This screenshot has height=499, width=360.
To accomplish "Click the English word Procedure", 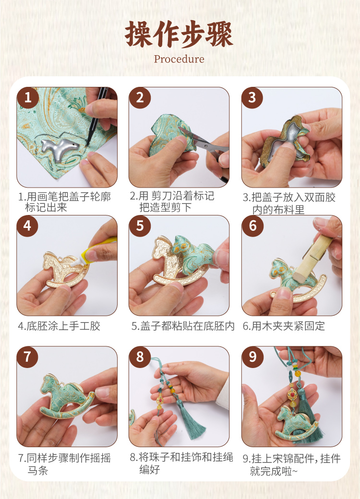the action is click(x=179, y=59).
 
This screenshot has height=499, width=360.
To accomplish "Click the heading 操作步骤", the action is click(x=179, y=35).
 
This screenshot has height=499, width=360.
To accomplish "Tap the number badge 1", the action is click(x=28, y=97).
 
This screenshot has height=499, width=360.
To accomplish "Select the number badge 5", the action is click(x=140, y=226).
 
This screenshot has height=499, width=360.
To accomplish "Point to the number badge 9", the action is click(x=252, y=357).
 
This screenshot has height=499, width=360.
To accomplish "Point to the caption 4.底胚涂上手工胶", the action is click(x=59, y=326).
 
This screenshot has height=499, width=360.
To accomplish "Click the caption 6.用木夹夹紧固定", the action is click(x=284, y=326).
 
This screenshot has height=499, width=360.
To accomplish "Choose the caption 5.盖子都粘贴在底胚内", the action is click(x=183, y=326).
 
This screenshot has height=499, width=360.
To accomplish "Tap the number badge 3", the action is click(x=252, y=97).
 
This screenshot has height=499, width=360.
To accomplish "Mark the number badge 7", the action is click(x=28, y=357).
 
